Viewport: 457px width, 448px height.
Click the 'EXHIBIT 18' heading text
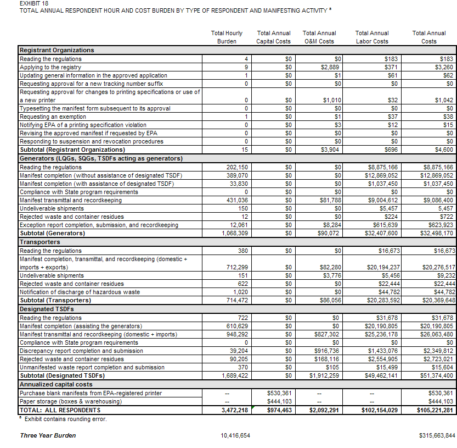tap(32, 3)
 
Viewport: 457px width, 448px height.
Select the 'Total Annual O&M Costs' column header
tap(319, 37)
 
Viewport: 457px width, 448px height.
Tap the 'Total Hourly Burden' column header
tap(227, 37)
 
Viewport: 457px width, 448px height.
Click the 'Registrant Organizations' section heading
tap(57, 50)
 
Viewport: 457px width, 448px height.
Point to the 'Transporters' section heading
tap(40, 242)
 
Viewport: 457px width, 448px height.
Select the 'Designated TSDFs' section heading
tap(47, 309)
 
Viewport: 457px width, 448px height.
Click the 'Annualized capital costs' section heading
tap(56, 384)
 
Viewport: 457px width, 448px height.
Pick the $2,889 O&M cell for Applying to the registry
tap(331, 67)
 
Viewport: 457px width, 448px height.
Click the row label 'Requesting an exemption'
tap(53, 117)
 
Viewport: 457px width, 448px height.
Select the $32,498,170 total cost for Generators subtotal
tap(435, 234)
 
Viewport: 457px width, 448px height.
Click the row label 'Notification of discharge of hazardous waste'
tap(80, 292)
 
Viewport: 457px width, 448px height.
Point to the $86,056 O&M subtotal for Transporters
tap(330, 301)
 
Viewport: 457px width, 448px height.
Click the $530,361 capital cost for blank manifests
tap(280, 393)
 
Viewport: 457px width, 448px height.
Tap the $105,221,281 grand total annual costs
tap(434, 410)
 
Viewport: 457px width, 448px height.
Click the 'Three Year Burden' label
tap(48, 435)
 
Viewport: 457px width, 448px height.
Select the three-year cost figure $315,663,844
tap(436, 435)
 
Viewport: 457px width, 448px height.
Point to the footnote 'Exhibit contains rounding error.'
tap(65, 419)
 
